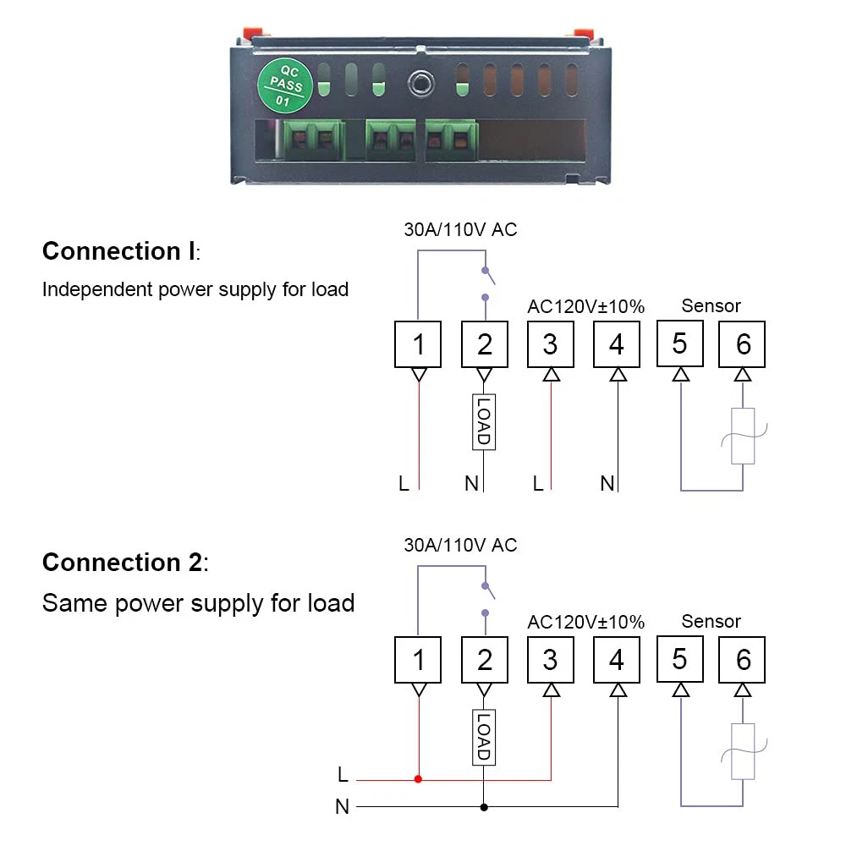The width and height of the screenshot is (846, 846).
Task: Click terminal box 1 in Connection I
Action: [x=418, y=343]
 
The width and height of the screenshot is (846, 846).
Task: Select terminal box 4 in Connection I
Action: [x=617, y=343]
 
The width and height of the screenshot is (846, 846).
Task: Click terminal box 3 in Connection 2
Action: [x=550, y=659]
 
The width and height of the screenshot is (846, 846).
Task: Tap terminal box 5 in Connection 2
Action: [x=680, y=658]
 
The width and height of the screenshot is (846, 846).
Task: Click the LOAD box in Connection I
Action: [x=483, y=421]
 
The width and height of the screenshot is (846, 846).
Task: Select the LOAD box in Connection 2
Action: [x=483, y=737]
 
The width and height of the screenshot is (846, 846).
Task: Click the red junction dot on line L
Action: [x=418, y=778]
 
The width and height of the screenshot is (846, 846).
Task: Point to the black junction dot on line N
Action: [x=483, y=807]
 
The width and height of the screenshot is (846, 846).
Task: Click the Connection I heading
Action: [x=118, y=251]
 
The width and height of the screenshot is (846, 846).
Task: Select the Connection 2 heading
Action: [x=124, y=563]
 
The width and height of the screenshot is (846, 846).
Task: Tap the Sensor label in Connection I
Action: [x=711, y=305]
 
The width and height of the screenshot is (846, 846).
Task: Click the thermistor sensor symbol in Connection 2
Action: [x=743, y=751]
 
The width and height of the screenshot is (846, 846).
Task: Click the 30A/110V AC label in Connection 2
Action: [x=460, y=545]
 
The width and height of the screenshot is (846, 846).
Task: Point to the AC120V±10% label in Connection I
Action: [x=585, y=305]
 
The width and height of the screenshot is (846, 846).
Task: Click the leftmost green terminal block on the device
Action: [x=313, y=137]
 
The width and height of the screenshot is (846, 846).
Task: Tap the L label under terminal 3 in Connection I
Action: [x=538, y=484]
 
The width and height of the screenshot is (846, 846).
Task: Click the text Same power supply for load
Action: [x=198, y=603]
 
